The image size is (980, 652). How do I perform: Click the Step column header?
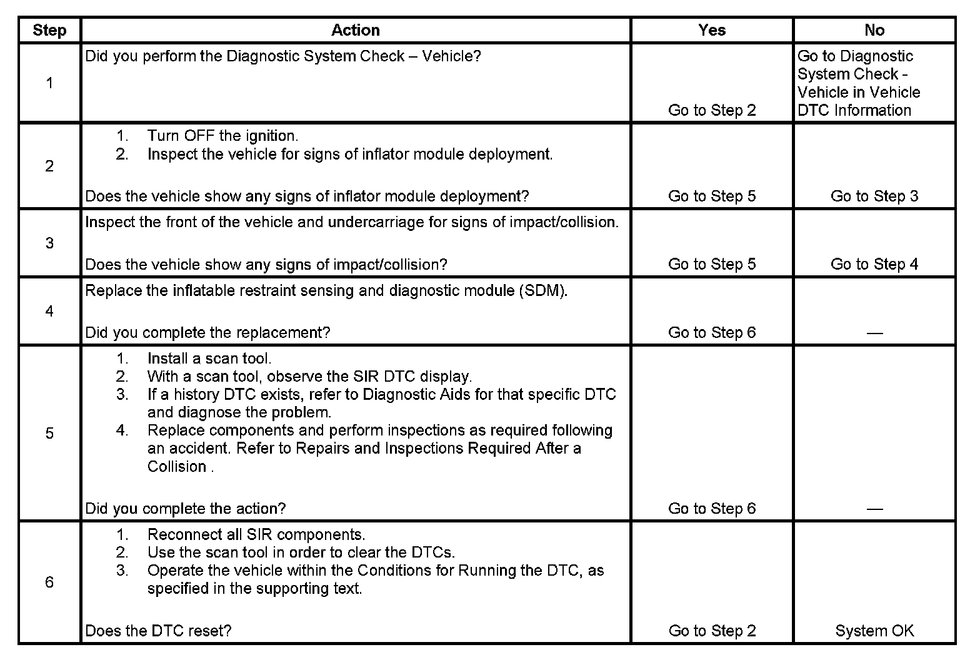(x=49, y=30)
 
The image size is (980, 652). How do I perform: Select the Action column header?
(x=355, y=30)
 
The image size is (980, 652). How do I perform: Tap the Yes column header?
(x=712, y=30)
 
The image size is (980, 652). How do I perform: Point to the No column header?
(x=874, y=30)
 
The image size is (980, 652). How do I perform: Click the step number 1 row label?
(x=49, y=83)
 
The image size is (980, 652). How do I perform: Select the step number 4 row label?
(x=49, y=311)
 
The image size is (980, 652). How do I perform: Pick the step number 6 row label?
(x=49, y=582)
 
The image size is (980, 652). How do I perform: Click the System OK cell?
(x=874, y=631)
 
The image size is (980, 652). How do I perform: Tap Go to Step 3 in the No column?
(x=874, y=196)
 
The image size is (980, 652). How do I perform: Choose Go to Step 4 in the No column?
(x=874, y=264)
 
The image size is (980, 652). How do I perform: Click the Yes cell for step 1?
(x=712, y=110)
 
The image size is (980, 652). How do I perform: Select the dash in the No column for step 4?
(x=874, y=333)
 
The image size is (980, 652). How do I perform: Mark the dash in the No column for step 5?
(x=874, y=509)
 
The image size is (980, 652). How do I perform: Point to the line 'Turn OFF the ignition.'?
(x=222, y=136)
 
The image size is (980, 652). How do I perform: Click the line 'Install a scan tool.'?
(x=209, y=359)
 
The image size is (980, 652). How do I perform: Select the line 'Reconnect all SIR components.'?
(x=256, y=534)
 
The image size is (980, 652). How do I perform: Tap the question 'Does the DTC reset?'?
(x=158, y=631)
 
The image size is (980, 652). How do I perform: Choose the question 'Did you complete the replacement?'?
(x=207, y=333)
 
